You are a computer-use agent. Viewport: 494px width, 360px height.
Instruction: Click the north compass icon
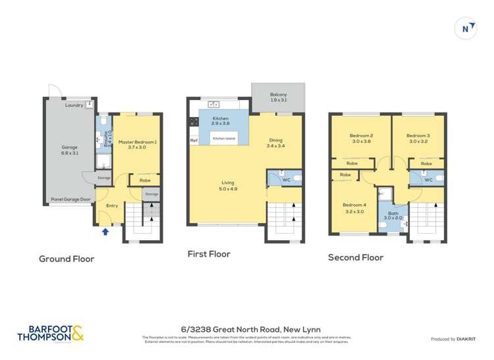[x=466, y=28]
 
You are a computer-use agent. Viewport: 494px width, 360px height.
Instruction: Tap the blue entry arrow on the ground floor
[x=105, y=231]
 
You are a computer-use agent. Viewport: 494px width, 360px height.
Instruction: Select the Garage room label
[x=70, y=148]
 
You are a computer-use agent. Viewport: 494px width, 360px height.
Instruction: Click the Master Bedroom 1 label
[x=137, y=142]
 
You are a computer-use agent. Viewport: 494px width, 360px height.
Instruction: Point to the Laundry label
[x=74, y=105]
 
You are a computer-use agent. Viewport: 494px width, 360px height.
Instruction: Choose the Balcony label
[x=279, y=94]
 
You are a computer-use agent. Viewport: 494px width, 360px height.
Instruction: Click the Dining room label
[x=275, y=140]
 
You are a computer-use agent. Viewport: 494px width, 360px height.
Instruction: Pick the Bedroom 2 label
[x=362, y=136]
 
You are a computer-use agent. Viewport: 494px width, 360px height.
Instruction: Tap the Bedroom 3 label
[x=418, y=136]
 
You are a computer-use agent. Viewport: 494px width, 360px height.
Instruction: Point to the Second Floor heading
[x=355, y=257]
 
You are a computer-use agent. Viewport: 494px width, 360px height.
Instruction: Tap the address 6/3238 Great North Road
[x=246, y=330]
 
